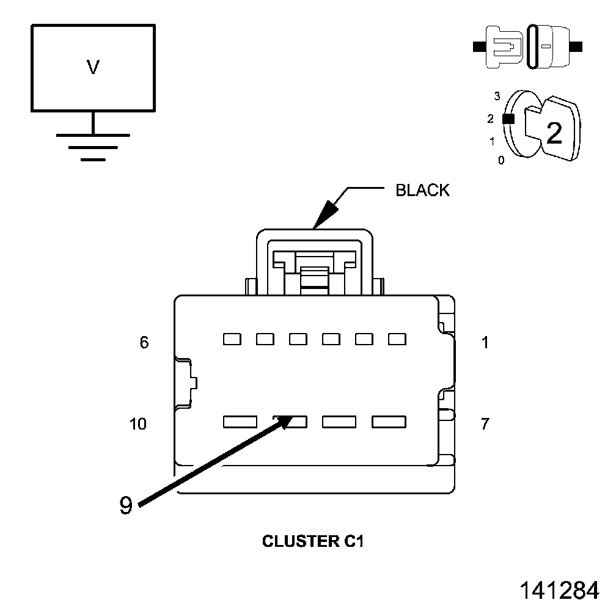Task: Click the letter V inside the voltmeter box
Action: (93, 67)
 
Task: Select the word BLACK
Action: (422, 190)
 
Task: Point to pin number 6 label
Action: (144, 343)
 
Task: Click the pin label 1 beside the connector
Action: (485, 343)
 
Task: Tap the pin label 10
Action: (139, 424)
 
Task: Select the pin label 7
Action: (485, 424)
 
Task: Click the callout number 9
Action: (125, 506)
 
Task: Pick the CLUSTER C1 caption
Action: (312, 541)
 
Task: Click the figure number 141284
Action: (559, 590)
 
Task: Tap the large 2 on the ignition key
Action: (554, 133)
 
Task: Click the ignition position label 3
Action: (497, 96)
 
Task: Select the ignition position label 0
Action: (501, 161)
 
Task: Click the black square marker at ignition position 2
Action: (507, 119)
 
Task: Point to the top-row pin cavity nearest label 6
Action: (232, 339)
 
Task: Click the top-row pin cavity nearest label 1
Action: (397, 339)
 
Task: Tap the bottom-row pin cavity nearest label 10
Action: (240, 422)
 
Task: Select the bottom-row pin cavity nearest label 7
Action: (389, 422)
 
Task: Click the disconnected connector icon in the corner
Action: (529, 46)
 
